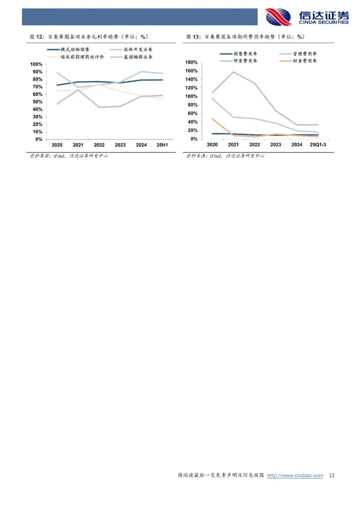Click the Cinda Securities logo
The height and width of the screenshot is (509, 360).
pos(307,17)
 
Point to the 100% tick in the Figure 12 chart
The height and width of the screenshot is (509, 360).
pos(36,64)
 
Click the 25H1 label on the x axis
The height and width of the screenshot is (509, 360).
pos(162,145)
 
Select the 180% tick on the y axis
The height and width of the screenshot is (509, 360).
pos(191,62)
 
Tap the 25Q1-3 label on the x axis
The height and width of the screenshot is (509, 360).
pos(318,145)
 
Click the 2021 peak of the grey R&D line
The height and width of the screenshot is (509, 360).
pos(233,72)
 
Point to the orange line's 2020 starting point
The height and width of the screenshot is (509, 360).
pos(212,119)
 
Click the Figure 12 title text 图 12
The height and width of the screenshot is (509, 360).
pos(37,37)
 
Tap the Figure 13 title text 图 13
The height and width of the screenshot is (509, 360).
pos(193,37)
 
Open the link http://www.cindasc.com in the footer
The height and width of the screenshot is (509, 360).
pos(295,475)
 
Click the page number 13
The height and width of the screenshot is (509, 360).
pos(331,475)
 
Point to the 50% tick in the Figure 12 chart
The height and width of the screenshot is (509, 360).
pos(38,102)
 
